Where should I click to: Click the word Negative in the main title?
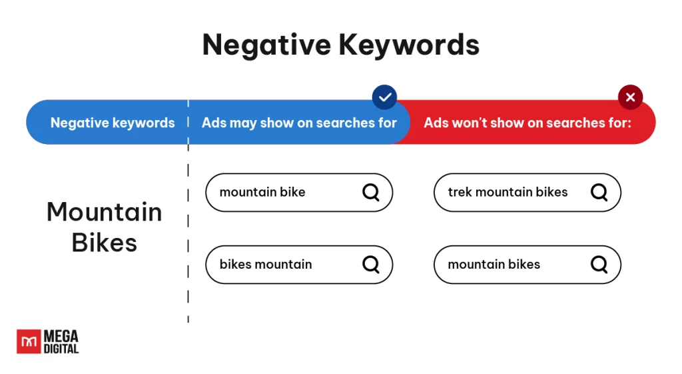266,45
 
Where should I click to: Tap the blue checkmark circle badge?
384,97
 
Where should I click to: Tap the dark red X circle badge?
630,97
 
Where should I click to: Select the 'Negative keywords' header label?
113,123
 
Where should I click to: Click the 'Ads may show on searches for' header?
299,123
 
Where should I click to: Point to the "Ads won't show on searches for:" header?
527,123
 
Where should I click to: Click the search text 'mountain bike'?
262,192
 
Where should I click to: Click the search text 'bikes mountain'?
266,264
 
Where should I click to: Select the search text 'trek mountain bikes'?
508,192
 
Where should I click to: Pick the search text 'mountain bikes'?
494,264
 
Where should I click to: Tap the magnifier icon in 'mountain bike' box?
371,192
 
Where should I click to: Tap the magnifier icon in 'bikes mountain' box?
371,264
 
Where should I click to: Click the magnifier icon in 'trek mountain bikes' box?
599,192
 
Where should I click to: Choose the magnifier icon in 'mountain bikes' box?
599,264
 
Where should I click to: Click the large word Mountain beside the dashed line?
105,212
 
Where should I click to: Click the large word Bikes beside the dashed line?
105,243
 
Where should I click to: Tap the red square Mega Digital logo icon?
29,341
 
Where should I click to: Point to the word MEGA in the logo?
61,336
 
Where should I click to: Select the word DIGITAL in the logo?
61,349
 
